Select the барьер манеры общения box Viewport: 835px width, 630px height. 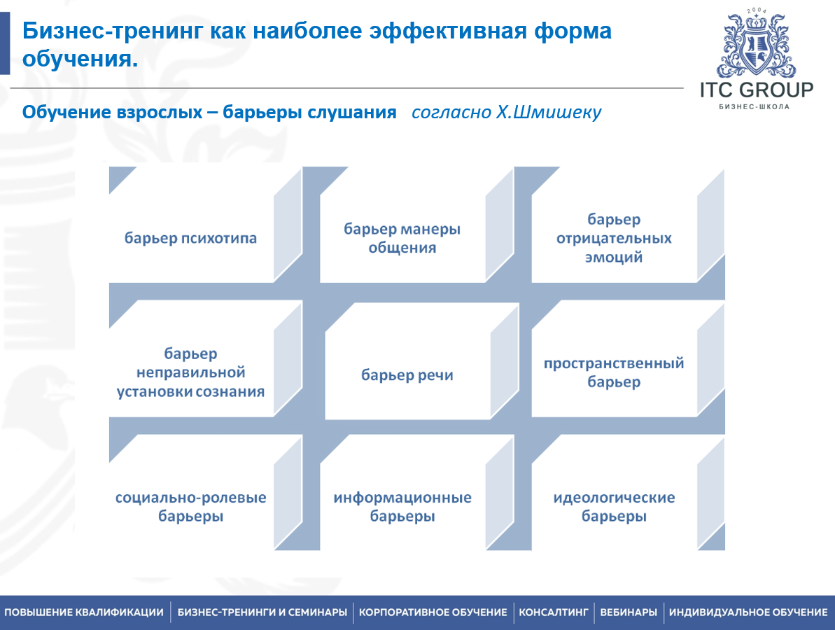pyautogui.click(x=402, y=238)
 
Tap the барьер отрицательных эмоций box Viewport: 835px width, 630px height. pyautogui.click(x=614, y=238)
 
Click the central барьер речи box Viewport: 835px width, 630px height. pyautogui.click(x=407, y=375)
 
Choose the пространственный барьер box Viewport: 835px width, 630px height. pyautogui.click(x=614, y=372)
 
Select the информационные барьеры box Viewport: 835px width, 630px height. pyautogui.click(x=402, y=506)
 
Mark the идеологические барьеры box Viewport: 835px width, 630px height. pyautogui.click(x=614, y=506)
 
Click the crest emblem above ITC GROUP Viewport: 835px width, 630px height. pyautogui.click(x=756, y=44)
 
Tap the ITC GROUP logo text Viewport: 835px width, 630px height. pyautogui.click(x=757, y=90)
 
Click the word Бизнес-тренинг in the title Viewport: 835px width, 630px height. pyautogui.click(x=113, y=31)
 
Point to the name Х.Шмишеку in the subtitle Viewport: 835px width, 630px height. pyautogui.click(x=549, y=113)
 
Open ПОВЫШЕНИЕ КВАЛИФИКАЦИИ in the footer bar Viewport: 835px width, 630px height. pyautogui.click(x=84, y=612)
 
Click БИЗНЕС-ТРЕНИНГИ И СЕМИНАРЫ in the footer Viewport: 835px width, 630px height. pyautogui.click(x=262, y=612)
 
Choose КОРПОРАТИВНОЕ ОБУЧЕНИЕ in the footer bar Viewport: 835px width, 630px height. pyautogui.click(x=433, y=612)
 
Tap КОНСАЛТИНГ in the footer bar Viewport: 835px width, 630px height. pyautogui.click(x=554, y=612)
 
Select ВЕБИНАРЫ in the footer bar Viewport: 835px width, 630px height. pyautogui.click(x=629, y=612)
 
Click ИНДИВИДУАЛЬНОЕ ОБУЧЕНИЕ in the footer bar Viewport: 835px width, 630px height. pyautogui.click(x=748, y=612)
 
